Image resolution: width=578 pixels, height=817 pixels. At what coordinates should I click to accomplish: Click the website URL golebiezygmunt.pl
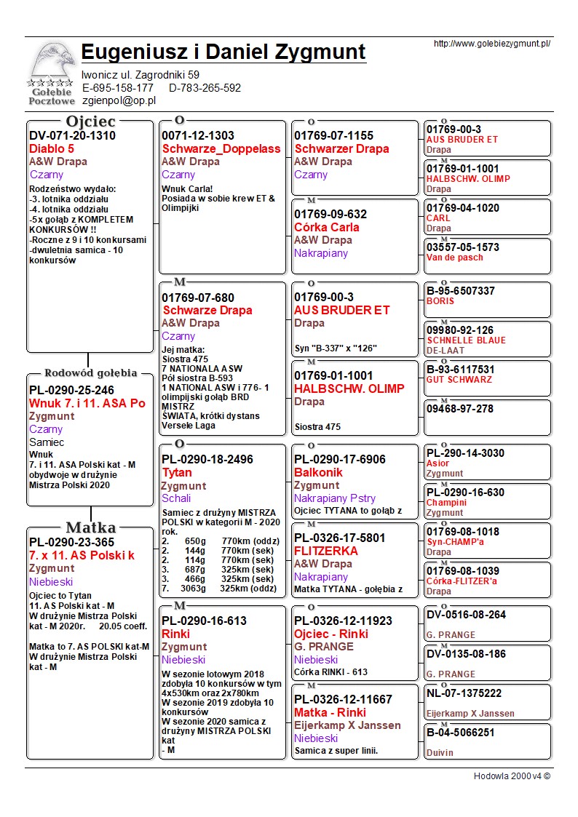pyautogui.click(x=491, y=44)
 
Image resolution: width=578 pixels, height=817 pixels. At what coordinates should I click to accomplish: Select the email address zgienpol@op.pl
pyautogui.click(x=119, y=100)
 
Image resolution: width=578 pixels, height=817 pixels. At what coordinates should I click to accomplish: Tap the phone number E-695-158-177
pyautogui.click(x=118, y=87)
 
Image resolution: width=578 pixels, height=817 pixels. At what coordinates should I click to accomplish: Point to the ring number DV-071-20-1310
pyautogui.click(x=72, y=135)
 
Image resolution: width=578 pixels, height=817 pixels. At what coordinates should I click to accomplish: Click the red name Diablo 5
pyautogui.click(x=52, y=148)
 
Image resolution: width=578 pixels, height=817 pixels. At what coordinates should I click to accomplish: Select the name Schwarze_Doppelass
pyautogui.click(x=221, y=148)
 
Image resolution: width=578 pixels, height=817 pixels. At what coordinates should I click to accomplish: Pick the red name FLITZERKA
pyautogui.click(x=326, y=551)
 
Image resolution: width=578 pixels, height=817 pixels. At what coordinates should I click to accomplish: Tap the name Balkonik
pyautogui.click(x=318, y=472)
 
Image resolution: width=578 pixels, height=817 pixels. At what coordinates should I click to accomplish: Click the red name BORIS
pyautogui.click(x=440, y=300)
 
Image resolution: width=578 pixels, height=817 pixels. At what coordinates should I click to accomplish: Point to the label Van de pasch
pyautogui.click(x=455, y=257)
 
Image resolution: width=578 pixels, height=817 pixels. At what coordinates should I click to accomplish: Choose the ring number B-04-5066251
pyautogui.click(x=461, y=733)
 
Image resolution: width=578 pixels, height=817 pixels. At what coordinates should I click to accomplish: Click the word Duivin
pyautogui.click(x=440, y=753)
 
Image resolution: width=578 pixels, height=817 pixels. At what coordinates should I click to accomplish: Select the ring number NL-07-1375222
pyautogui.click(x=464, y=693)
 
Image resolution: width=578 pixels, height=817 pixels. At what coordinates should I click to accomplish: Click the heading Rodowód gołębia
pyautogui.click(x=91, y=373)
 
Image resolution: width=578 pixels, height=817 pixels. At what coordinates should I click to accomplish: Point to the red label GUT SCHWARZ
pyautogui.click(x=459, y=379)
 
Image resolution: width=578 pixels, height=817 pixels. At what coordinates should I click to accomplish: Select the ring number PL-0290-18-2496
pyautogui.click(x=207, y=460)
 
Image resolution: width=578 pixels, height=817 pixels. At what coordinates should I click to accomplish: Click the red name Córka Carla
pyautogui.click(x=327, y=227)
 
